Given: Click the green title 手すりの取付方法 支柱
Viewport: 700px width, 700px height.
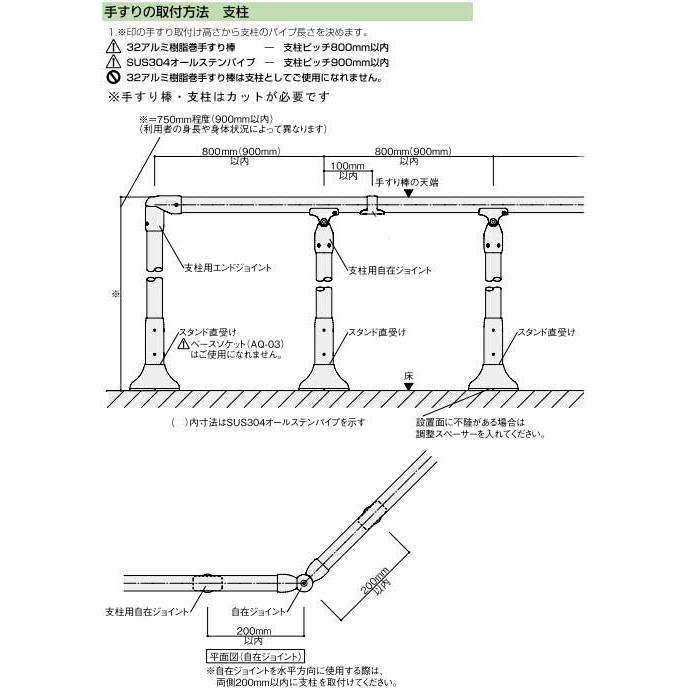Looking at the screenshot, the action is [x=176, y=12].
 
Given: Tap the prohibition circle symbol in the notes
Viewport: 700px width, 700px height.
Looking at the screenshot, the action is [x=113, y=77].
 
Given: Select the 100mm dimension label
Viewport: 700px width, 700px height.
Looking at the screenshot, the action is [x=347, y=166].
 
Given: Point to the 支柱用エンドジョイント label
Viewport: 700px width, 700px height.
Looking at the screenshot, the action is [x=228, y=268].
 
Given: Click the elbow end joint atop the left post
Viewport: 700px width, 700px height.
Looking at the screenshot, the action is [x=162, y=211].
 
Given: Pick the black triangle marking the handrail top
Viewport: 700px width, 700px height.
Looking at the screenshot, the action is [x=408, y=193].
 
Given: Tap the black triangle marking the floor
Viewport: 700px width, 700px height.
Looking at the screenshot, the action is [x=408, y=387].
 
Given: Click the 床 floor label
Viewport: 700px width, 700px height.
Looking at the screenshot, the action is [x=408, y=376].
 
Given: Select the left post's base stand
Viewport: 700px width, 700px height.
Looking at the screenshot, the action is [x=154, y=377].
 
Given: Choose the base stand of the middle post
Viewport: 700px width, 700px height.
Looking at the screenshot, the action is [x=324, y=377].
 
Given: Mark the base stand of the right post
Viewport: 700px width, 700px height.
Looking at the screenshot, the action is [x=493, y=377].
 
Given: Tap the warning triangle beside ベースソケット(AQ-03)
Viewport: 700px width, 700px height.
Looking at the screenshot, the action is [x=183, y=344].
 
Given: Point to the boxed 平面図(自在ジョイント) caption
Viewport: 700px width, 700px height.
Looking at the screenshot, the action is [x=255, y=657].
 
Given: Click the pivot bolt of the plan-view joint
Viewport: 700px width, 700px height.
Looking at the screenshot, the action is [x=304, y=583].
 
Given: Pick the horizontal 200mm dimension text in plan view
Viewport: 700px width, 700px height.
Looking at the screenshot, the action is [x=254, y=631].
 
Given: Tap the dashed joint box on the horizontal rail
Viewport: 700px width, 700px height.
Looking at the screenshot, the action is [x=208, y=583].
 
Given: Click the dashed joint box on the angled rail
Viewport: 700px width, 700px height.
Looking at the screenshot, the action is [x=372, y=516].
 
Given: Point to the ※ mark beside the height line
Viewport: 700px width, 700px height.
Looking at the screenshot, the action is [x=116, y=294].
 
